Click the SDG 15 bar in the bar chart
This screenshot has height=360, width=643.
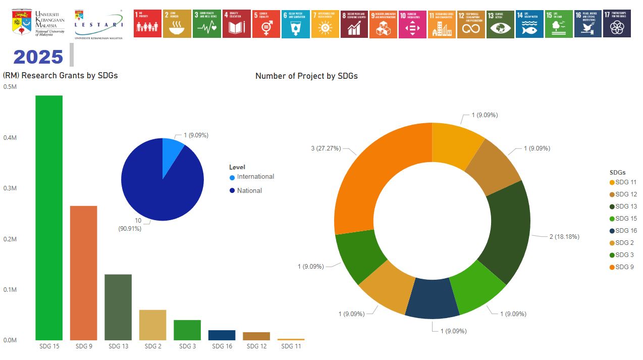tap(49, 217)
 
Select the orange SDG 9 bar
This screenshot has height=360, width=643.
tap(83, 273)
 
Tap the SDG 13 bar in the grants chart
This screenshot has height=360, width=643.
tap(118, 307)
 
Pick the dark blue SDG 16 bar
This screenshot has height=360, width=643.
tap(222, 335)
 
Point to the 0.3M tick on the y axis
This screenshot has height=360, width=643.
tap(10, 188)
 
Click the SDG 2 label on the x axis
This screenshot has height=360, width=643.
tap(152, 346)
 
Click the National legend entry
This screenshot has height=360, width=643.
tap(249, 191)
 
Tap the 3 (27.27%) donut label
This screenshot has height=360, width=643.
tap(326, 148)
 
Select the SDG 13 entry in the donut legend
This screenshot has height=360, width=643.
tap(626, 207)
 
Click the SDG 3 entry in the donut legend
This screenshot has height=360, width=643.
tap(624, 255)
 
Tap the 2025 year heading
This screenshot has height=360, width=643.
tap(38, 57)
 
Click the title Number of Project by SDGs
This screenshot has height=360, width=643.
tap(306, 76)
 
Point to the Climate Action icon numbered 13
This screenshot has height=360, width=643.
tap(500, 24)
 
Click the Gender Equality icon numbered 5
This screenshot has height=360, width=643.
tap(266, 24)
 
